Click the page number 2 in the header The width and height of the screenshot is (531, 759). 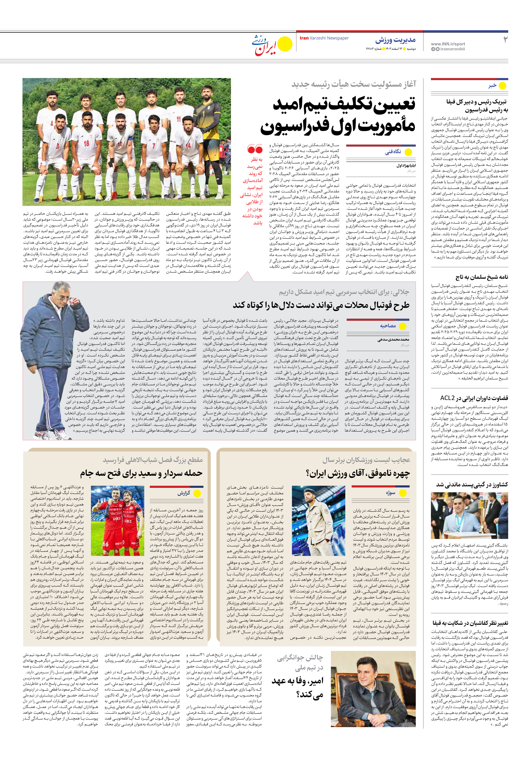[x=505, y=40]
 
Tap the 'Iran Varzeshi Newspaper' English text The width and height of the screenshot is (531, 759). [x=324, y=38]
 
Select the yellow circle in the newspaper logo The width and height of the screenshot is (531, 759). [x=285, y=44]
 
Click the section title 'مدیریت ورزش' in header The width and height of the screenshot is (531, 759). [x=395, y=40]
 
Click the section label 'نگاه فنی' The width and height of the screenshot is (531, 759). [x=393, y=152]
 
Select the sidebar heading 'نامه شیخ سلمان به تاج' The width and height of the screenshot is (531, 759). [x=482, y=277]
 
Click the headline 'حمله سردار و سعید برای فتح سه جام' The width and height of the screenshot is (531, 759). [x=141, y=473]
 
